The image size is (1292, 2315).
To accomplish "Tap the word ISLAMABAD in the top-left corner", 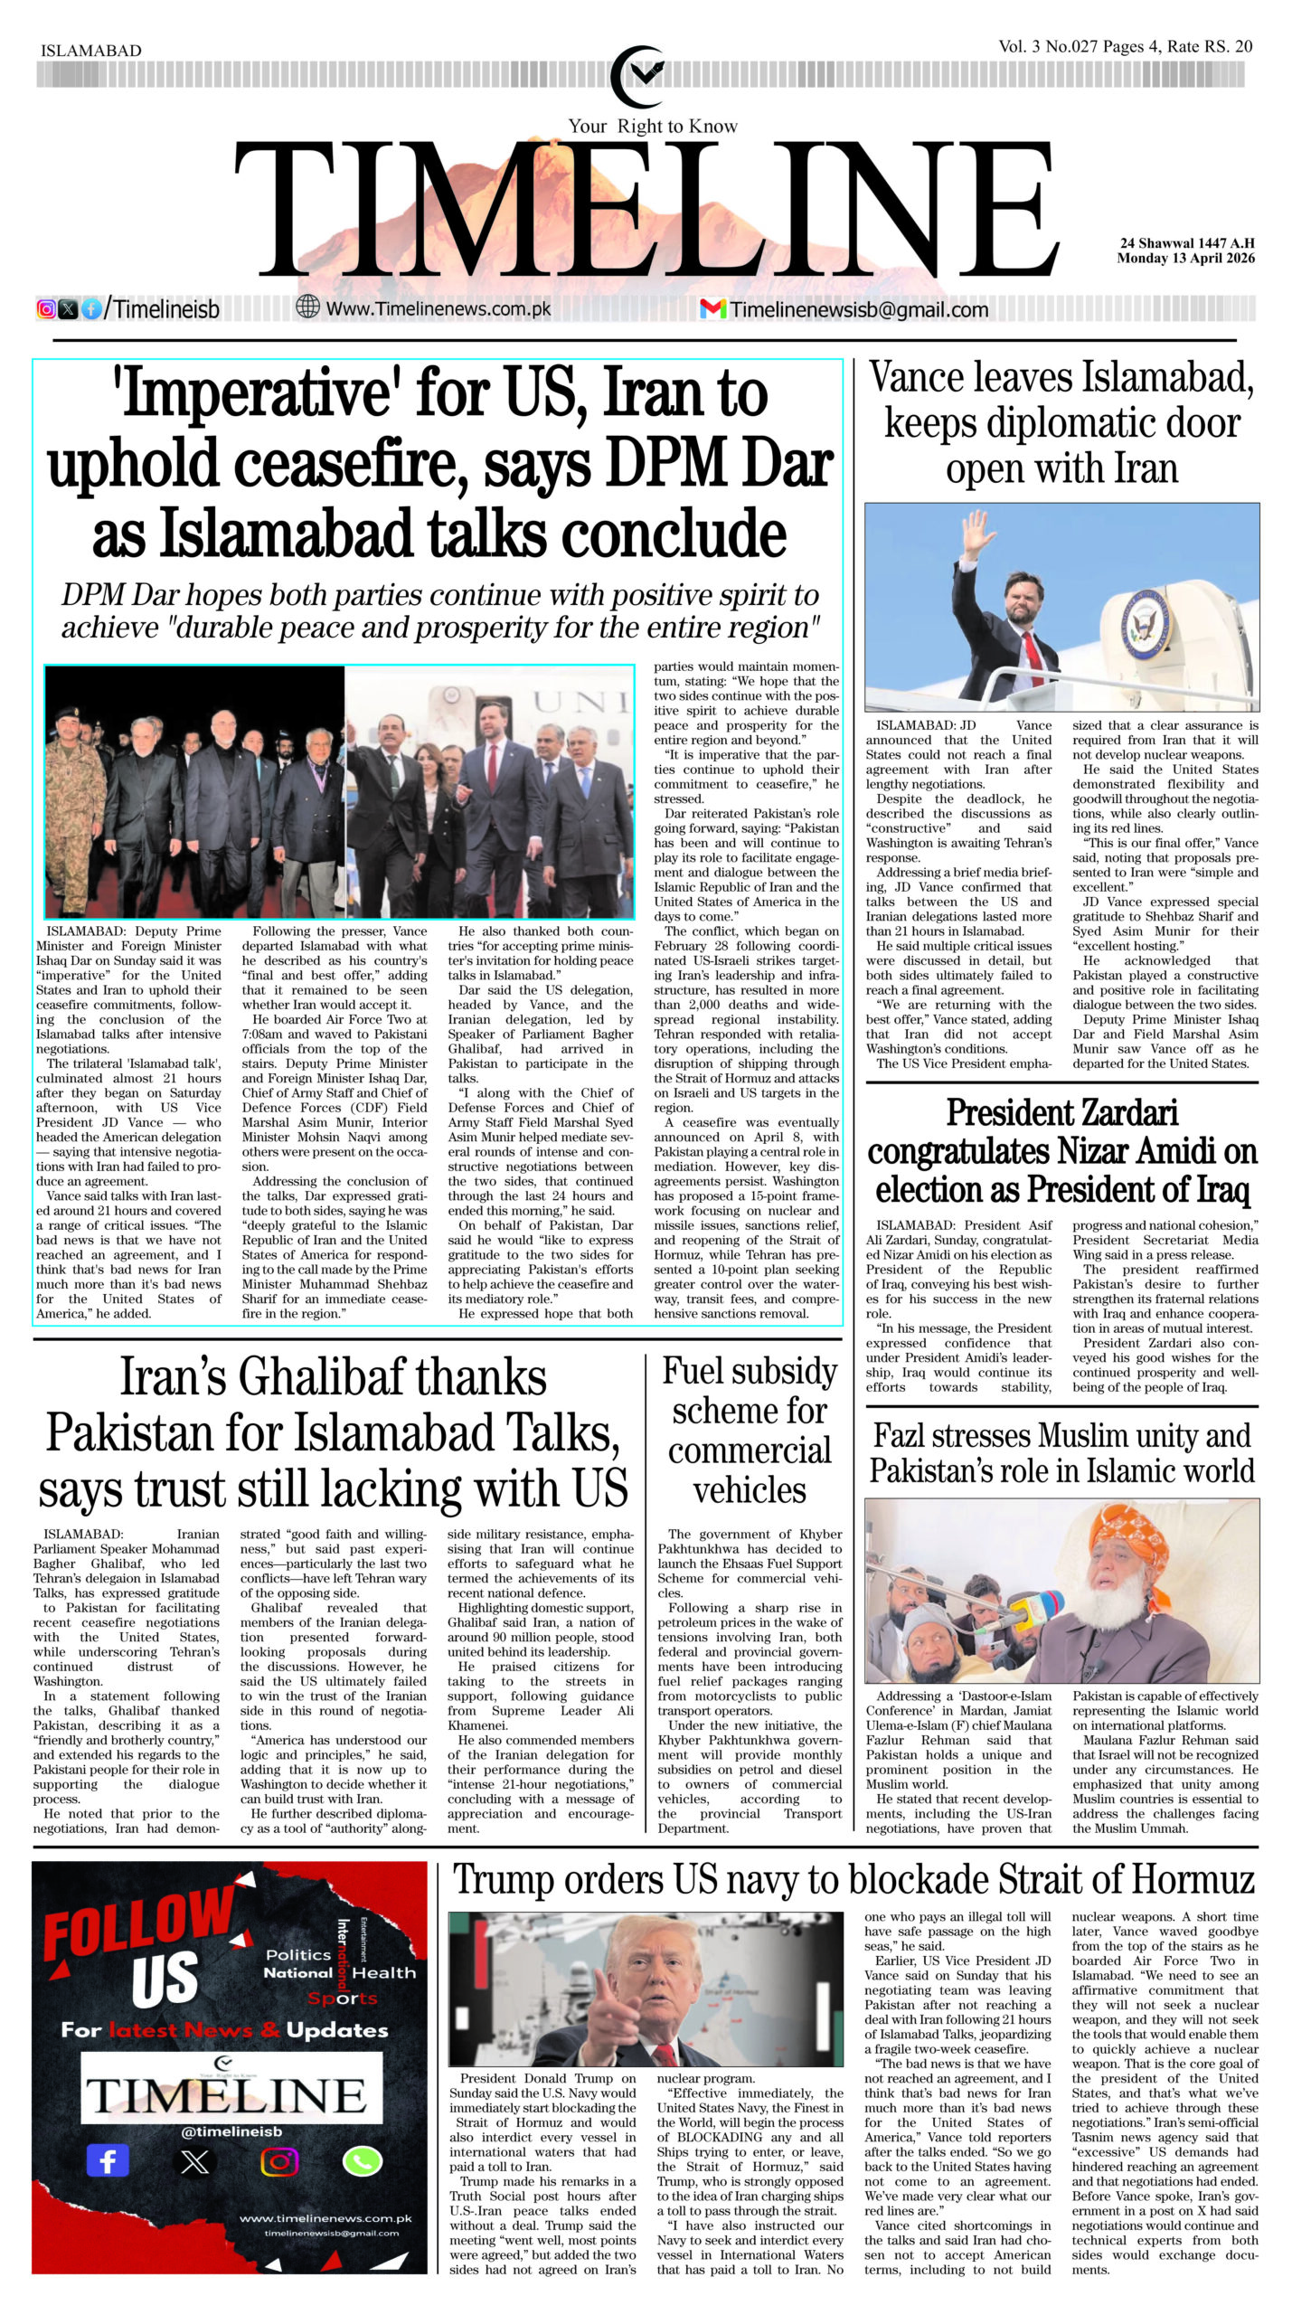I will [x=90, y=52].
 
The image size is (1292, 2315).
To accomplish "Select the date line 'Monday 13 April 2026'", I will [x=1185, y=258].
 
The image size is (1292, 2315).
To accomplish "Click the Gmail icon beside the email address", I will [x=712, y=309].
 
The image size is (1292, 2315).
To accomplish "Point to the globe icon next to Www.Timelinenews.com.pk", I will [x=307, y=307].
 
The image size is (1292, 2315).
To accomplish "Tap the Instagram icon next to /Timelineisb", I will [x=46, y=309].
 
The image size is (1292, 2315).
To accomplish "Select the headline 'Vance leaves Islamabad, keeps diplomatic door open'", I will [x=1061, y=422].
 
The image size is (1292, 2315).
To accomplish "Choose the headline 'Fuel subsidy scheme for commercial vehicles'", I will [x=749, y=1431].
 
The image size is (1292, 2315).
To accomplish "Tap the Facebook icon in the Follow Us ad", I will [x=108, y=2161].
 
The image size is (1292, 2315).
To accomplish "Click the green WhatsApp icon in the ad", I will [x=362, y=2161].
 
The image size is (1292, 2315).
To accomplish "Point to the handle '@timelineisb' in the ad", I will [x=231, y=2131].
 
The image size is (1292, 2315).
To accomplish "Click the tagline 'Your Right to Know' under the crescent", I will [x=652, y=127].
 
